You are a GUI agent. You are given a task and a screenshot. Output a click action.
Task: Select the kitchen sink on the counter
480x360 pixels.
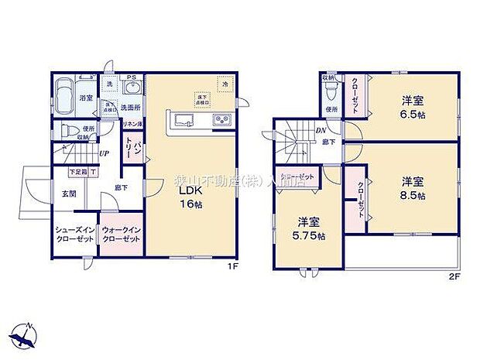click(183, 119)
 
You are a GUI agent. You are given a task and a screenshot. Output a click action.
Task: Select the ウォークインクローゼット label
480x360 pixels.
click(122, 235)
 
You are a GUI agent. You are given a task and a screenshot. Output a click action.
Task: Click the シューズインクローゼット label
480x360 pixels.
click(75, 235)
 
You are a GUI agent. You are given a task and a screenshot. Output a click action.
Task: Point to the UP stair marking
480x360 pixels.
click(104, 153)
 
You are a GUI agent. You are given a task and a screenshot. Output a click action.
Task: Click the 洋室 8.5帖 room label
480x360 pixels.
click(412, 189)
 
